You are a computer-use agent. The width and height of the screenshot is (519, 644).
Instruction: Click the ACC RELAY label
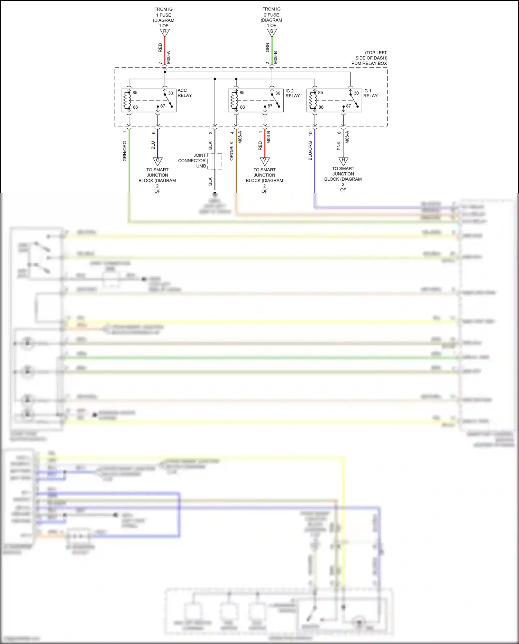[184, 93]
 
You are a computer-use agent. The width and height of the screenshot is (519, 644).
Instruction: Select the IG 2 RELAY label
[292, 93]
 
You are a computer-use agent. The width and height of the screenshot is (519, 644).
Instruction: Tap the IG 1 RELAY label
[370, 93]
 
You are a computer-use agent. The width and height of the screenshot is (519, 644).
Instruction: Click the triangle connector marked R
[165, 32]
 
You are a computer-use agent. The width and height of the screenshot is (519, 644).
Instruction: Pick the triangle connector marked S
[272, 32]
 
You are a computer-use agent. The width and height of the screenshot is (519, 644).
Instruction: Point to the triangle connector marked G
[158, 161]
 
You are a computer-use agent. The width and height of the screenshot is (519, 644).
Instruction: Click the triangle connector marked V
[265, 161]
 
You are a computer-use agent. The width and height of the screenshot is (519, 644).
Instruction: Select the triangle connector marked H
[343, 161]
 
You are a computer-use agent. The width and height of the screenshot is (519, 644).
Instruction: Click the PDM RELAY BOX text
[369, 63]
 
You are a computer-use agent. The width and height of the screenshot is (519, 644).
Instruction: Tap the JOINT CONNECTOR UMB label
[192, 161]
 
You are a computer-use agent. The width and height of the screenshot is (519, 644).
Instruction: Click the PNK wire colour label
[339, 146]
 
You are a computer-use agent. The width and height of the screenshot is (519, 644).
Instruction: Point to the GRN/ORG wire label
[125, 151]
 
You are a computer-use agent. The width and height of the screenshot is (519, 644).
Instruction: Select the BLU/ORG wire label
[310, 151]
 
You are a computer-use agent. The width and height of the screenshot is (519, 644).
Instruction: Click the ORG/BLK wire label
[232, 151]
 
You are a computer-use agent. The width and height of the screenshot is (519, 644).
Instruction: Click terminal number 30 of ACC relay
[171, 93]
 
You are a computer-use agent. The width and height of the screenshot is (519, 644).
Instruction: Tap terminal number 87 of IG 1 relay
[348, 106]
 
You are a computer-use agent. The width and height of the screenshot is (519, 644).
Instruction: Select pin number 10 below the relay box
[310, 133]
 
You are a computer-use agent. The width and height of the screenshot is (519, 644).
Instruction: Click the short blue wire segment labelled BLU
[158, 143]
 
